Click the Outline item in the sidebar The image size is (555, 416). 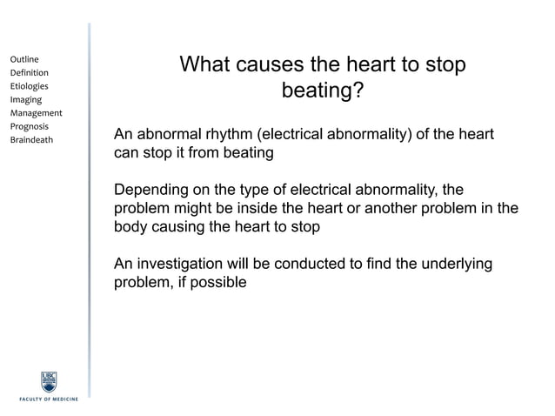24,59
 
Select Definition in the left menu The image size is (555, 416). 29,72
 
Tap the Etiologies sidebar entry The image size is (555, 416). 29,86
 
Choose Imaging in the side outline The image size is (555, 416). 25,99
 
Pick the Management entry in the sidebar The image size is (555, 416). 36,113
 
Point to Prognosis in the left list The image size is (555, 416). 30,126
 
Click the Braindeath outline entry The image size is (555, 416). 31,139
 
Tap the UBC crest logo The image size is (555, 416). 50,381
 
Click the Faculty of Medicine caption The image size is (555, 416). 49,399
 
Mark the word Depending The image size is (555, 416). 150,191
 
